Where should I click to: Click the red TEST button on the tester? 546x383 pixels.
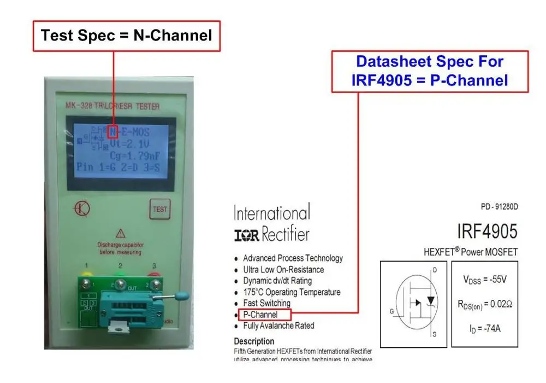(160, 209)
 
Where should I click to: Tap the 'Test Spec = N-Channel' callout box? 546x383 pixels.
(126, 36)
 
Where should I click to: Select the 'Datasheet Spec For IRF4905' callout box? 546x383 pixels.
(430, 71)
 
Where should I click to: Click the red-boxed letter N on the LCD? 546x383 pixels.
(113, 132)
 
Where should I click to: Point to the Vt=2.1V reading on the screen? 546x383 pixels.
(130, 144)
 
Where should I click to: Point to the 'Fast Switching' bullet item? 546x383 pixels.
(266, 303)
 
